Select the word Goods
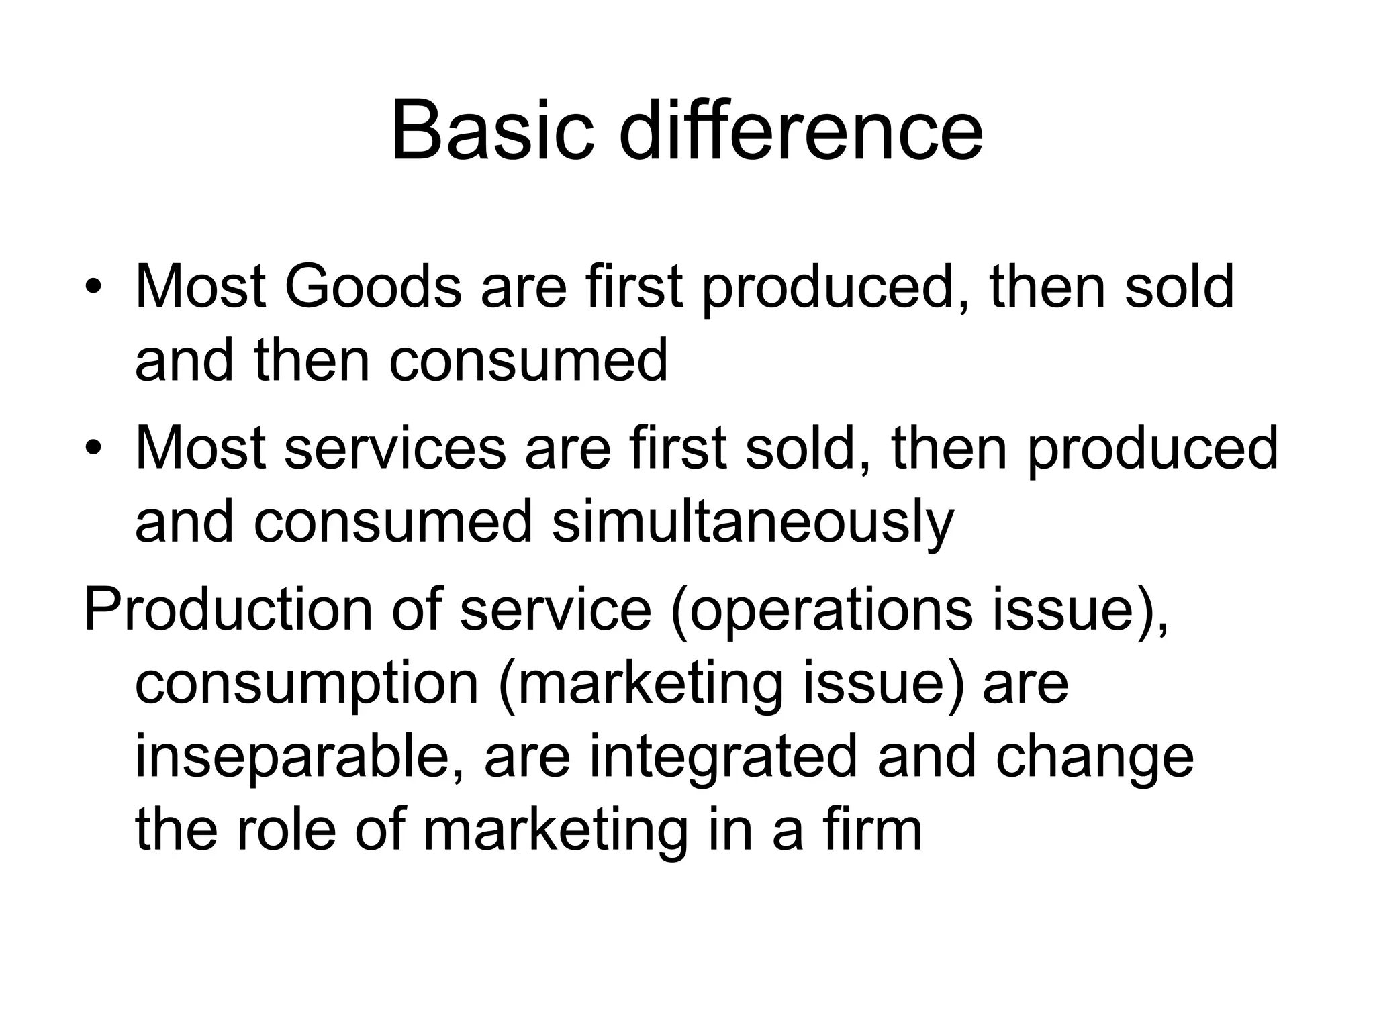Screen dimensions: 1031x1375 (373, 287)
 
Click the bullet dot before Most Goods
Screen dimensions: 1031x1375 (93, 288)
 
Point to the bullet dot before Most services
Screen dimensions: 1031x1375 (93, 448)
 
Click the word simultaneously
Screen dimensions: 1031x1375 (752, 522)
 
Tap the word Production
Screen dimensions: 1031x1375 (228, 610)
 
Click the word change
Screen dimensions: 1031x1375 (1094, 757)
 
